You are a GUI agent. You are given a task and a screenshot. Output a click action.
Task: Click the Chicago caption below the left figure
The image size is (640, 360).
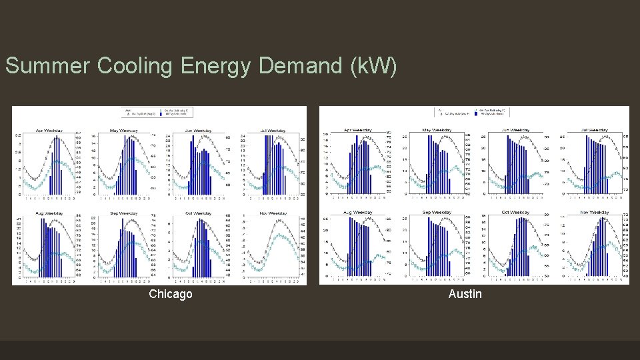tap(171, 294)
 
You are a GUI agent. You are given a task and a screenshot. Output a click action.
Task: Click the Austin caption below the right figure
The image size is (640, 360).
tap(465, 294)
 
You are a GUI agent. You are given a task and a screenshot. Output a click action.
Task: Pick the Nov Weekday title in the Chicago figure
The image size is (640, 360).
tap(273, 213)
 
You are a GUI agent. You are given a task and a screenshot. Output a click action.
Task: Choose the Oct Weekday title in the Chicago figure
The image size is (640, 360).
tap(198, 213)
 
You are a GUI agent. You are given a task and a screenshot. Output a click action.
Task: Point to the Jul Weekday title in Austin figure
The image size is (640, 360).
tap(593, 129)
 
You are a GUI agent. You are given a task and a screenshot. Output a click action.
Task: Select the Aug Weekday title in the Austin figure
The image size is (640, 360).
tap(358, 212)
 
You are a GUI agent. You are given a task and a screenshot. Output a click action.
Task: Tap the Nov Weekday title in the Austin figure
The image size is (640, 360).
tap(593, 212)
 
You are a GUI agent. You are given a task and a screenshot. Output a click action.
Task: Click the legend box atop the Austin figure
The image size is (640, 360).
tap(473, 111)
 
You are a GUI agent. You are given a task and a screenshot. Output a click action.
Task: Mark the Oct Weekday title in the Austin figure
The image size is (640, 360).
tap(515, 212)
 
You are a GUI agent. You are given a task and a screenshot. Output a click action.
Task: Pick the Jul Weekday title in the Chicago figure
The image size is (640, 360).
tap(273, 131)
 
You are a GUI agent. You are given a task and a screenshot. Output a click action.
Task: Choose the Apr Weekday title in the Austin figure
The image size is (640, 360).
tap(358, 129)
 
